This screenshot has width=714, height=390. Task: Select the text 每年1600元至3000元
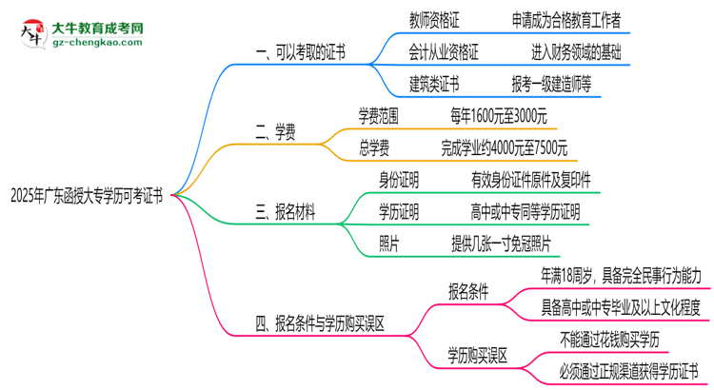coord(499,116)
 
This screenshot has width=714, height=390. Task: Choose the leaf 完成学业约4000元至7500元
coord(505,147)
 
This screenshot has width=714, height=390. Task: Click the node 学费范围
coord(387,116)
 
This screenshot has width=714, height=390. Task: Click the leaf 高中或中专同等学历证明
coord(525,210)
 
